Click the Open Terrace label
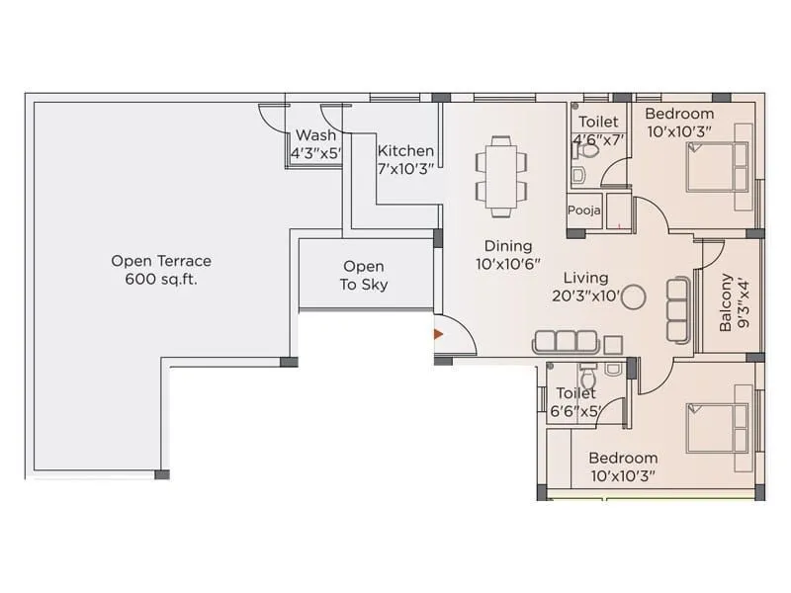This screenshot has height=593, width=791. (x=161, y=261)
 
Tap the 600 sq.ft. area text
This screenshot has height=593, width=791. (x=161, y=280)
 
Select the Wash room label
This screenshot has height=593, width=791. (x=315, y=135)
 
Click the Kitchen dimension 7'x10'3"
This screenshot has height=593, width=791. (x=405, y=169)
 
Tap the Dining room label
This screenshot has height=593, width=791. (x=508, y=246)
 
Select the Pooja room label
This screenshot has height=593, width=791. (x=583, y=211)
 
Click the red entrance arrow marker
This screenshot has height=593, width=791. (x=437, y=334)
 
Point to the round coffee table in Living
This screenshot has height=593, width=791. (x=633, y=296)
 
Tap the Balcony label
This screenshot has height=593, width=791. (x=727, y=301)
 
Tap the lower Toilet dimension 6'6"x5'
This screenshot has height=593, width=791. (x=575, y=411)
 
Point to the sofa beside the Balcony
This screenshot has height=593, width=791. (x=677, y=309)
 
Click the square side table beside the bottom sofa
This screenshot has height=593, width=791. (x=613, y=344)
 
